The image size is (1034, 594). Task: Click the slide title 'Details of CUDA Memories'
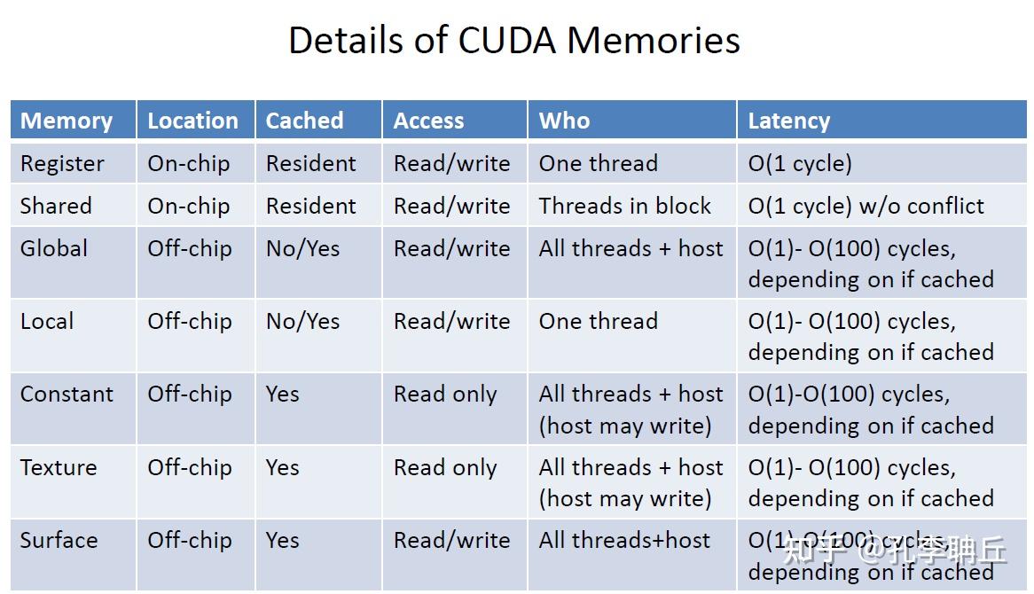(x=514, y=41)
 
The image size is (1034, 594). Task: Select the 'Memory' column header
(x=67, y=121)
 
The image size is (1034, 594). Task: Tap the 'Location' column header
(x=192, y=121)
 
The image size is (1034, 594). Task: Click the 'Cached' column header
(x=304, y=121)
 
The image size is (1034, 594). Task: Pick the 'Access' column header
(x=428, y=121)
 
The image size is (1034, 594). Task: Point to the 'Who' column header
(x=564, y=121)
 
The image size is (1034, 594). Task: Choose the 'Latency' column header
(x=788, y=121)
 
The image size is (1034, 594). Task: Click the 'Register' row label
(x=62, y=164)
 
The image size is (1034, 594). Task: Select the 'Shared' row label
(x=56, y=207)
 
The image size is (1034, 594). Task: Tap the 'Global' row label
(x=54, y=248)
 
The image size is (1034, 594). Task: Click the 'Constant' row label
(x=67, y=395)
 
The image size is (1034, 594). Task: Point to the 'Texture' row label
(x=59, y=467)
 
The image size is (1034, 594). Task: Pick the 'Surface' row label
(x=59, y=540)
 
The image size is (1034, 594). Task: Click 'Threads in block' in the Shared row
(x=624, y=207)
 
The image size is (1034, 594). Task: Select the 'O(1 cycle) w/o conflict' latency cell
(x=866, y=207)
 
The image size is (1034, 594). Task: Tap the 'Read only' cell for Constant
(x=445, y=395)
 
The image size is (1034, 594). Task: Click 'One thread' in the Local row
(x=598, y=321)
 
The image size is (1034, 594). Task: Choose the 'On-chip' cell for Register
(x=188, y=164)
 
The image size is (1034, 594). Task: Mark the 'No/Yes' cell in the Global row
(x=302, y=248)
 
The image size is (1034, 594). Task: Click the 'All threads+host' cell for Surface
(x=624, y=540)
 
